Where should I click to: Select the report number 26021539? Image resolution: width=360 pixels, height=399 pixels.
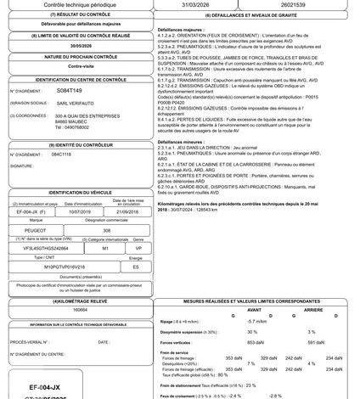tap(299, 4)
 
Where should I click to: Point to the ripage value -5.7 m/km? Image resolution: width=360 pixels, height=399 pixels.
tap(258, 321)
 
